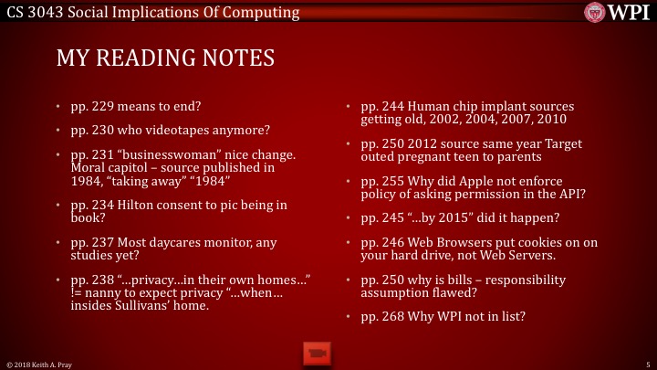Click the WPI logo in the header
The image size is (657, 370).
[x=620, y=12]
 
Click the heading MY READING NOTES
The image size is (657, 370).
[x=165, y=58]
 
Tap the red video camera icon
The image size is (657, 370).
[x=316, y=352]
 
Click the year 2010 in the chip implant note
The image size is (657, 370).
[x=547, y=119]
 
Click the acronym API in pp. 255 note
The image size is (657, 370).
[x=568, y=195]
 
